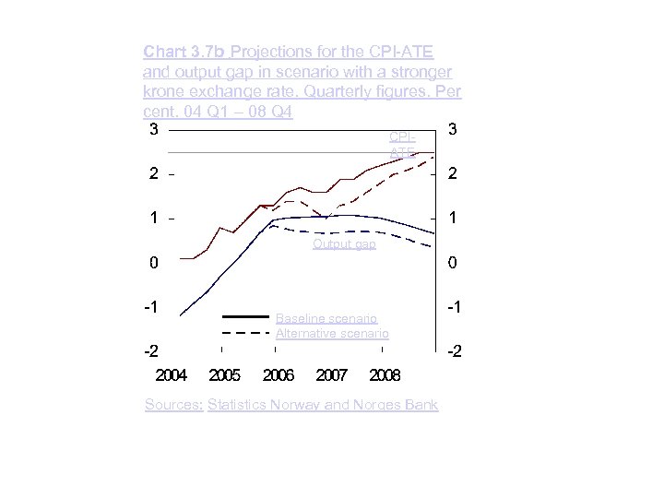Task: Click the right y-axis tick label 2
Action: click(453, 174)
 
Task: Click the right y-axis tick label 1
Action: click(453, 219)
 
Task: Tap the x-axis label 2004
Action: click(171, 376)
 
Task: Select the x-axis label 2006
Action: click(278, 376)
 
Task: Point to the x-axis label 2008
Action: click(385, 376)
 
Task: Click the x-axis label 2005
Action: click(224, 376)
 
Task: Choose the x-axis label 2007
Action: click(331, 376)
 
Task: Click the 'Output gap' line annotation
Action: click(344, 244)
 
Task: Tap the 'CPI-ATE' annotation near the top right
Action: click(403, 144)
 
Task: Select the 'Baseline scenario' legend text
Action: click(326, 318)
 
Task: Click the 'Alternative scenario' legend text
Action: click(332, 333)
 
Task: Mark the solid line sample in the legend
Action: click(245, 317)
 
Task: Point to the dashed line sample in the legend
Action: click(245, 333)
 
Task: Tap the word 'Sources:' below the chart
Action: click(174, 405)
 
